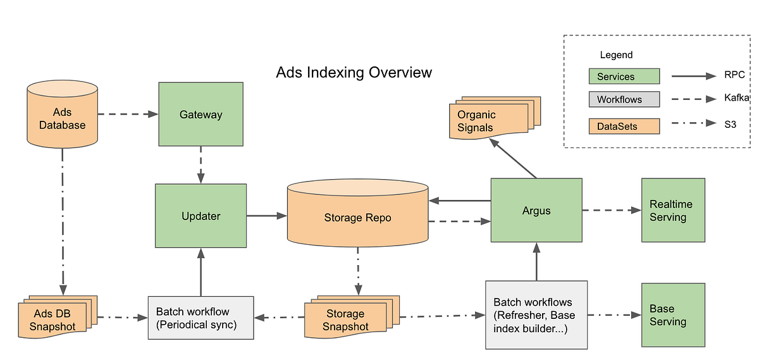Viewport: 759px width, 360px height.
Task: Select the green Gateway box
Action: (201, 115)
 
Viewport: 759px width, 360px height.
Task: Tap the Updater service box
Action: (201, 216)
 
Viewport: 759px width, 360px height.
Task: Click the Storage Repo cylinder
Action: (357, 217)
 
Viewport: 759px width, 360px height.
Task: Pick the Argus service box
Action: (536, 210)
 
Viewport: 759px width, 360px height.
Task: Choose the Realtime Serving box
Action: (672, 210)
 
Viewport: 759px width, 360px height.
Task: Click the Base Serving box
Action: (672, 314)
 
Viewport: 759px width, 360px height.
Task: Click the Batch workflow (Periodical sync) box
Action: (201, 318)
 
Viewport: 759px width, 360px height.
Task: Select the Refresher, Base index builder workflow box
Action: (536, 314)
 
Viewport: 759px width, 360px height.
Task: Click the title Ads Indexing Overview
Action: (354, 72)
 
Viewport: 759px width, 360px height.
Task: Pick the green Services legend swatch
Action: (624, 77)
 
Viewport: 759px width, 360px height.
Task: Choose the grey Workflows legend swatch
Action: (624, 99)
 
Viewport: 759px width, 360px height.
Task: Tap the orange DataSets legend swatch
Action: (624, 126)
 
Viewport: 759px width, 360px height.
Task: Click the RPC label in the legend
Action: (734, 75)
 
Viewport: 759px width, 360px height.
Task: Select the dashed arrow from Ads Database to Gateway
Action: (126, 115)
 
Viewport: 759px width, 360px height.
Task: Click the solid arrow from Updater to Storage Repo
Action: (266, 216)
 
